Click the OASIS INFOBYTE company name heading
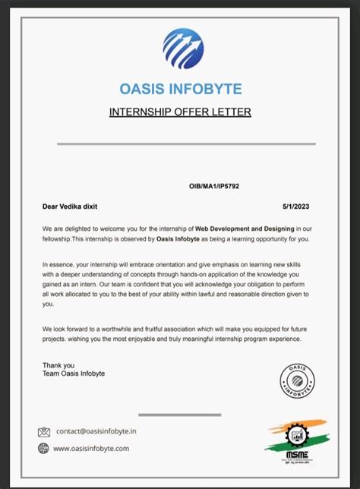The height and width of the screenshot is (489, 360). (180, 88)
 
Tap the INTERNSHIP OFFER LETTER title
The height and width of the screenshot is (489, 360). (180, 113)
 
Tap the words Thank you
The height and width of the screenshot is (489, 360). (58, 366)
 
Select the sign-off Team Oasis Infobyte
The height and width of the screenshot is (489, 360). (74, 374)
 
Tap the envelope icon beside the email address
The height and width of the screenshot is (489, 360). (44, 432)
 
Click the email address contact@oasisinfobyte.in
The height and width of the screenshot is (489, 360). (96, 432)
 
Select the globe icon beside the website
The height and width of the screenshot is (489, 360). (44, 448)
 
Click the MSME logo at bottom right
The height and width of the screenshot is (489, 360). (296, 438)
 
